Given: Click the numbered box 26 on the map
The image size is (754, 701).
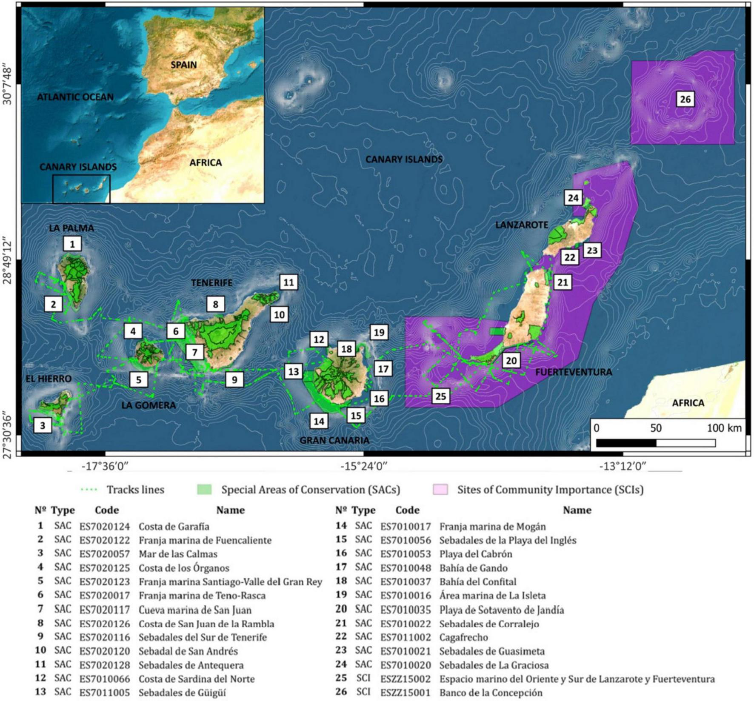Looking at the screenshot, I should click(685, 99).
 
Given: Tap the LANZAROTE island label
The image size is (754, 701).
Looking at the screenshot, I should click(521, 225).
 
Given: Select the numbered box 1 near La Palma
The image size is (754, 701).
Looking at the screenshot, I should click(72, 244).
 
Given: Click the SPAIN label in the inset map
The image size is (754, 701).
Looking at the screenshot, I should click(184, 65).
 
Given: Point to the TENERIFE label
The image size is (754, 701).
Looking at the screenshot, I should click(211, 283).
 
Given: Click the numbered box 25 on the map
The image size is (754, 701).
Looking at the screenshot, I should click(440, 396).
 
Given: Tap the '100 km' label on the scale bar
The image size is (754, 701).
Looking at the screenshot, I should click(724, 428).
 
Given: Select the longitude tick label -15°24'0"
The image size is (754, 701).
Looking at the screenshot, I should click(364, 466).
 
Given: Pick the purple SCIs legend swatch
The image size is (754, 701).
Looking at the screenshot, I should click(440, 489).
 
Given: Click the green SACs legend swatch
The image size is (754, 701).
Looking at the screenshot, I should click(204, 489).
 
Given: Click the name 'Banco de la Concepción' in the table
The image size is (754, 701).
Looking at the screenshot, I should click(491, 692).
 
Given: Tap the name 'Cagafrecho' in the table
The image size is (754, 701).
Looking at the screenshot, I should click(463, 637).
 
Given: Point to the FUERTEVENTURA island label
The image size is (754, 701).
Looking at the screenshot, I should click(573, 372).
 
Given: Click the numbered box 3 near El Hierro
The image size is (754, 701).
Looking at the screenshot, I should click(42, 425).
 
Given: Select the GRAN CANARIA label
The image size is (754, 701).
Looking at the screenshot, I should click(334, 440).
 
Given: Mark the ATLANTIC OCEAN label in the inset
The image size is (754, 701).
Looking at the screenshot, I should click(75, 97).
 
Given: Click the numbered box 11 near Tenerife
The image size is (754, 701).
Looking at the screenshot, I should click(288, 282).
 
